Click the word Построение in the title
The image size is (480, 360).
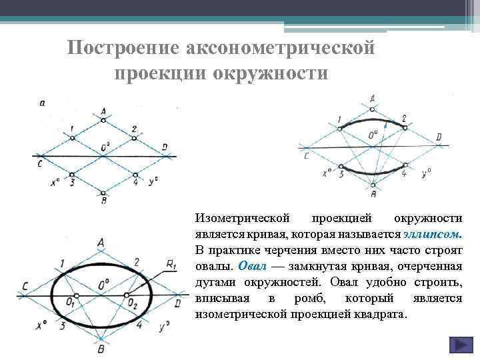124,49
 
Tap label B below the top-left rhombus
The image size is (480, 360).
103,200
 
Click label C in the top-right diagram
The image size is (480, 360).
306,155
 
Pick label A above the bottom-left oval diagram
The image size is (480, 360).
101,243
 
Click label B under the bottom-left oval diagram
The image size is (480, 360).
101,349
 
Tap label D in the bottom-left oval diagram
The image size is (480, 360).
177,303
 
